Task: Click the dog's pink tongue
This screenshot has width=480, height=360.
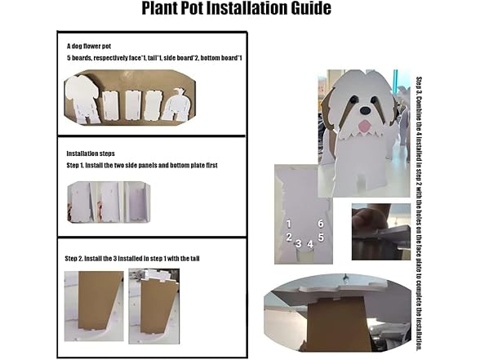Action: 364,125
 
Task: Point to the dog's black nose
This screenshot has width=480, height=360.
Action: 365,110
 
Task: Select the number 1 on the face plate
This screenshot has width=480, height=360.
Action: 289,224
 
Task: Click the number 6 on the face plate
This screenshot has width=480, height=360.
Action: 321,224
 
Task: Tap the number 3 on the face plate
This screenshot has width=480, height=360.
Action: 299,243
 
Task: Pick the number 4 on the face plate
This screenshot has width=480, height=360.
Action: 310,244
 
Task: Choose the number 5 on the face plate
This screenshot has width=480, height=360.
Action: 321,237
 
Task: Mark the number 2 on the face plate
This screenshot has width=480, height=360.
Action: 289,237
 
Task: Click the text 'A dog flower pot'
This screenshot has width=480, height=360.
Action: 89,47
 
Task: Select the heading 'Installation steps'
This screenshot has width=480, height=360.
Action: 91,153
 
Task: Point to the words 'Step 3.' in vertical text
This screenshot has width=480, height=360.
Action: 419,86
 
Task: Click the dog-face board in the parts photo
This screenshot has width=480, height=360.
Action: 82,100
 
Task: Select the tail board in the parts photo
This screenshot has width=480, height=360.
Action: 176,105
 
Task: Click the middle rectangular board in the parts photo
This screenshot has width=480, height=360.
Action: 132,104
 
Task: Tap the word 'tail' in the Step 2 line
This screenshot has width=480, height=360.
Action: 194,259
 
